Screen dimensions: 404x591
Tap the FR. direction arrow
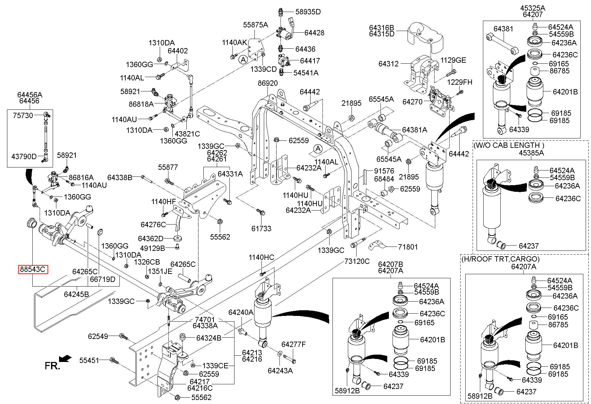(65, 358)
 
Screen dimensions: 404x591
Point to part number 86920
(267, 83)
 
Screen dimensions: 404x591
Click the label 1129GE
(453, 60)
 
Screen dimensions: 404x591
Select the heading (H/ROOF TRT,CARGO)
(500, 259)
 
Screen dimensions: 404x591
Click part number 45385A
(531, 153)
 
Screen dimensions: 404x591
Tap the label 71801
(408, 247)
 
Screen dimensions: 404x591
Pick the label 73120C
(357, 261)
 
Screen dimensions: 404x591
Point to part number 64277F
(293, 344)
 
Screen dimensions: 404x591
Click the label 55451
(89, 360)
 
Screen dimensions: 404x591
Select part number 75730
(23, 115)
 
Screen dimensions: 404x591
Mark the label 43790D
(24, 156)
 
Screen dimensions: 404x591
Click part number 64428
(314, 33)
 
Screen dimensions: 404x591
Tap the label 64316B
(382, 27)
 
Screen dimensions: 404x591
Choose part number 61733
(261, 229)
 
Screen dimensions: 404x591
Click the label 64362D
(151, 239)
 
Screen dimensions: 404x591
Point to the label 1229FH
(460, 82)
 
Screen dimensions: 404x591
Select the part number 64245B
(76, 294)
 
